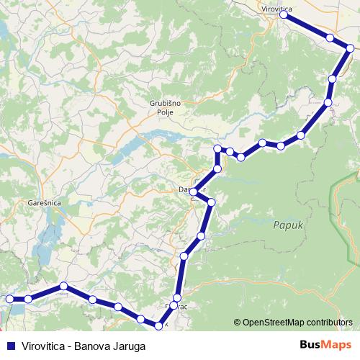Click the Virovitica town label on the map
(x=276, y=9)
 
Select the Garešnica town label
(x=43, y=203)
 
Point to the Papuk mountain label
(x=285, y=225)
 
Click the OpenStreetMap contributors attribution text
(x=297, y=323)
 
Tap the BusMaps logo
(x=325, y=345)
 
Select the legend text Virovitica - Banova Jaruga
(x=84, y=346)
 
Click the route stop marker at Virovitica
(x=287, y=14)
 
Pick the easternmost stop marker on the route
(x=350, y=48)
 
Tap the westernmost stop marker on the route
(x=9, y=299)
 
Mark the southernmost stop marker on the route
(x=159, y=325)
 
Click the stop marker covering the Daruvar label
(x=194, y=192)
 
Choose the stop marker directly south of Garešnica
(x=63, y=286)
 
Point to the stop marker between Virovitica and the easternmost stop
(x=329, y=37)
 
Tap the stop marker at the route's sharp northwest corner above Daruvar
(x=217, y=149)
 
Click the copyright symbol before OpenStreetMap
(x=237, y=323)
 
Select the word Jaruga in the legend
(x=130, y=346)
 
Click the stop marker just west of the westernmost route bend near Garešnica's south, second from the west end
(x=28, y=299)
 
